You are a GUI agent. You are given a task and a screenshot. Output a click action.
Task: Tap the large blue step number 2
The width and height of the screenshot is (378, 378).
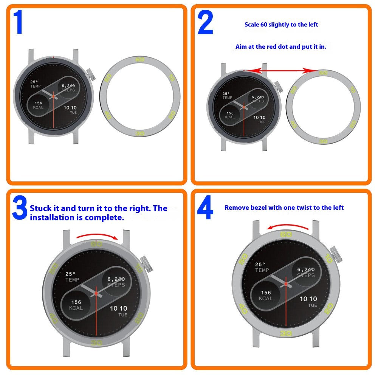[x=205, y=22]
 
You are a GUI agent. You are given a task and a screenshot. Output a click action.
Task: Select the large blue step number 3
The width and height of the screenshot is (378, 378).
[x=20, y=207]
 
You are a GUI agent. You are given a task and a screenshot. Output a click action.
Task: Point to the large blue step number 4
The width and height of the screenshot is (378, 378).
[x=205, y=207]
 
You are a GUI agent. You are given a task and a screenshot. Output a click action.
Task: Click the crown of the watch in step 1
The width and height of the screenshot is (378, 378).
[x=91, y=74]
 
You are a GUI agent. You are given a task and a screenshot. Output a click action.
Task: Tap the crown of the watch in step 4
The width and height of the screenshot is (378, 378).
[x=336, y=255]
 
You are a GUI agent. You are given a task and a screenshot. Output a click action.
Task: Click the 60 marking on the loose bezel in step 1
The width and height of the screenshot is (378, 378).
[x=140, y=59]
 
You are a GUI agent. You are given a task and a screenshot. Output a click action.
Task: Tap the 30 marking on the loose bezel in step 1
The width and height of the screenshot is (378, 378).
[x=140, y=133]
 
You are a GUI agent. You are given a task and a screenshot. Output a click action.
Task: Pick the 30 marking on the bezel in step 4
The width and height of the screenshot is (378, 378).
[x=286, y=333]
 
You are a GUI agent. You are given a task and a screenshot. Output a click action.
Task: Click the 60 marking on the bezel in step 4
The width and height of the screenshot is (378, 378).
[x=286, y=234]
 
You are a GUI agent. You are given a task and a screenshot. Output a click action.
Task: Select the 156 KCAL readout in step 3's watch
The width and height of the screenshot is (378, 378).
[x=76, y=305]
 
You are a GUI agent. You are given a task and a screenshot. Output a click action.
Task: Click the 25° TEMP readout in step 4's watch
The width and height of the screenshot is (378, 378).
[x=262, y=267]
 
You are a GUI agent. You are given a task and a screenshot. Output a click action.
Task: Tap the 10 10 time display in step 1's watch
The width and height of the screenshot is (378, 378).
[x=70, y=108]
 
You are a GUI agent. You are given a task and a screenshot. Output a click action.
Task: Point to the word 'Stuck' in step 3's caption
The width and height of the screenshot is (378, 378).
[x=41, y=208]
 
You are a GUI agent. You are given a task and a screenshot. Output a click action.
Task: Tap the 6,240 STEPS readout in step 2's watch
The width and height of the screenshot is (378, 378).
[x=258, y=99]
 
